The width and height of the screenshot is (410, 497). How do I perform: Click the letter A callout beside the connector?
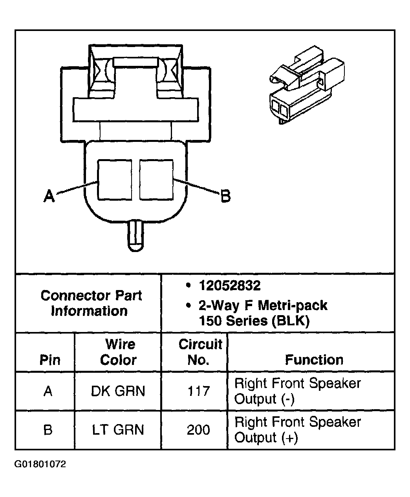coord(49,196)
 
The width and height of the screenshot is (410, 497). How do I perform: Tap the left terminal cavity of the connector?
coord(115,179)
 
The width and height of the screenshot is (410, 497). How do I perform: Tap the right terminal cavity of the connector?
coord(156,179)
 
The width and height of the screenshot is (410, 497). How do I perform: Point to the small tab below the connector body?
coord(135,235)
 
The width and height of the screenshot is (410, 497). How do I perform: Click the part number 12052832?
coord(229,286)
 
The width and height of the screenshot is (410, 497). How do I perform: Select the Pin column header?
coord(50,360)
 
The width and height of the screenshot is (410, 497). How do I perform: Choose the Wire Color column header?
coord(119,352)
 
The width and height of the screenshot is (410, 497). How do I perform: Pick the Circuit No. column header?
coord(200,352)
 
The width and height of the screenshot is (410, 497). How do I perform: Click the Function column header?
coord(314,360)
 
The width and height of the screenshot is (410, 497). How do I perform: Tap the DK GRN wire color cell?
coord(118,391)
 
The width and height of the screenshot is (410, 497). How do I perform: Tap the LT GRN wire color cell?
coord(118,430)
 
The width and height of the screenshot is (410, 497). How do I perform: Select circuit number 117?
coord(198,391)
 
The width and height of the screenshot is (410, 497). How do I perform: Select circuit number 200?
coord(198,430)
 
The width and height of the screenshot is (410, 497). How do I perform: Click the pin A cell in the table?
coord(48,391)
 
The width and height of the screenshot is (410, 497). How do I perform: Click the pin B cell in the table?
coord(48,430)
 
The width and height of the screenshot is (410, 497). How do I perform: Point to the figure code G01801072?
coord(40,464)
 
